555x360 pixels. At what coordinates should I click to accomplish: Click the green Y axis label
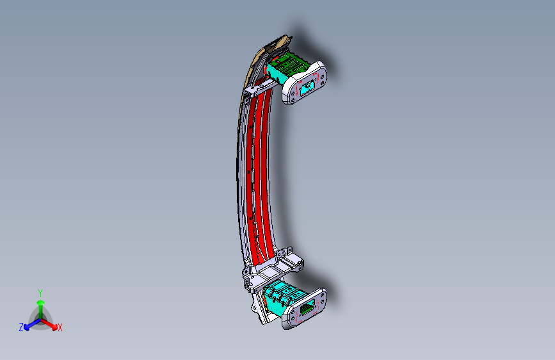40,291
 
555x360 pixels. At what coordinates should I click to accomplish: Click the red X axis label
60,328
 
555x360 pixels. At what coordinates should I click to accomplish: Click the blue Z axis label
21,327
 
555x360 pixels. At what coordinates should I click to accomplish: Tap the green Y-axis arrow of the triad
40,304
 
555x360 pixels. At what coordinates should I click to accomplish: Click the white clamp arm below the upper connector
257,89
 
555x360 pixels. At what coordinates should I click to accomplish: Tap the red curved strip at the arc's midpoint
255,173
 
